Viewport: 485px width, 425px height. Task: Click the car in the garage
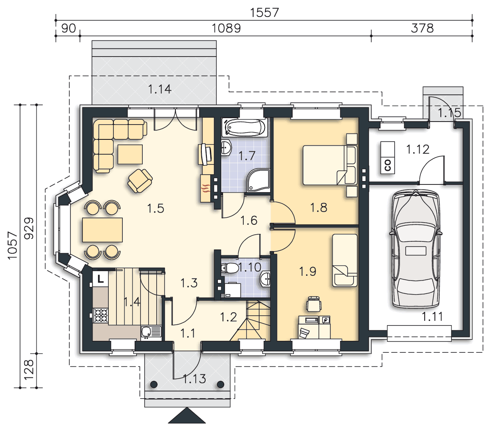[416, 249]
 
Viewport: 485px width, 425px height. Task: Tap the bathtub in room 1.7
[244, 127]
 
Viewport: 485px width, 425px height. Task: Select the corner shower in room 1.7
[258, 180]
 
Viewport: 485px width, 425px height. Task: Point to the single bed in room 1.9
[345, 260]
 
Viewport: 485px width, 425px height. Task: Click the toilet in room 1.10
[228, 268]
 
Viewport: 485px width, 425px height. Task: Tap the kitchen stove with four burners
[101, 315]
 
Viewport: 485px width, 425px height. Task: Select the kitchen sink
[151, 332]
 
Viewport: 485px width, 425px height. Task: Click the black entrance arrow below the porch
[186, 415]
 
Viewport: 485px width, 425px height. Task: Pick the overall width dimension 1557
[265, 13]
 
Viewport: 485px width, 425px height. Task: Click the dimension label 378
[422, 28]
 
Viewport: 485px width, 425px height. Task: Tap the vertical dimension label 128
[29, 370]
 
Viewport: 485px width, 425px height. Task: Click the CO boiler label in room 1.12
[388, 165]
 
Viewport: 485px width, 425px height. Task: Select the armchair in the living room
[140, 181]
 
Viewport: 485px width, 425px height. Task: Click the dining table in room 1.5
[102, 229]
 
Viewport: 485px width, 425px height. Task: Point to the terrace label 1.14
[160, 89]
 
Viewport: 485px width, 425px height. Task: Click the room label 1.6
[249, 221]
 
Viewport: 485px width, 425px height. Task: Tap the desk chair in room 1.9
[313, 303]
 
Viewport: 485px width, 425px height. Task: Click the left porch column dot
[154, 385]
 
